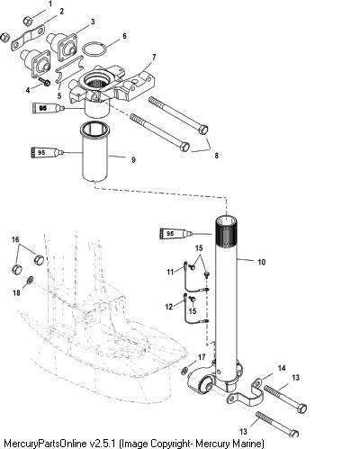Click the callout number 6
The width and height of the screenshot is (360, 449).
(124, 36)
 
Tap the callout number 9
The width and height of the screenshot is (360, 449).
(133, 160)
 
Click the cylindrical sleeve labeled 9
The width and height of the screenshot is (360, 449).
(94, 152)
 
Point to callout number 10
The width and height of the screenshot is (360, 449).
(262, 262)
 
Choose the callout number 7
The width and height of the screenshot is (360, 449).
(154, 58)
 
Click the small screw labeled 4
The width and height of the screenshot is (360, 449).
(45, 82)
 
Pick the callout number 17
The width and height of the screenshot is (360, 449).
(202, 357)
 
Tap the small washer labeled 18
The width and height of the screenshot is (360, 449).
(31, 281)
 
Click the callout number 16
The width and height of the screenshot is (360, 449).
(15, 239)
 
